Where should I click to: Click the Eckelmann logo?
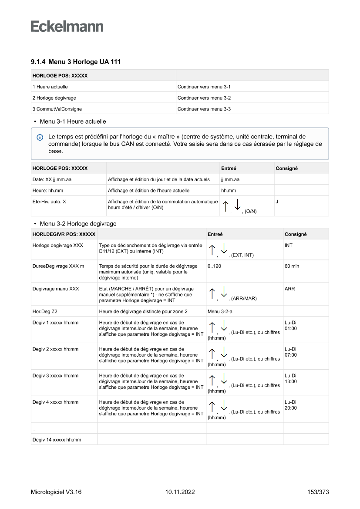(x=67, y=26)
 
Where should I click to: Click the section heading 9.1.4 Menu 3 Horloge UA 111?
(x=75, y=62)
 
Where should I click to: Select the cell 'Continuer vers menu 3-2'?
(x=204, y=98)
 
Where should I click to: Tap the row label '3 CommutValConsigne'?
(x=57, y=109)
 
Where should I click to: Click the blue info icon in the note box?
(x=40, y=137)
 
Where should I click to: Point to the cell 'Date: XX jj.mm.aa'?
(x=52, y=179)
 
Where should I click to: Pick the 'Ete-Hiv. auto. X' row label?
(x=49, y=202)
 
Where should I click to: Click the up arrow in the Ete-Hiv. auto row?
(x=225, y=206)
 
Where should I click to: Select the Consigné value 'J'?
(x=277, y=202)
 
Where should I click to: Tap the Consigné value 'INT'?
(x=289, y=246)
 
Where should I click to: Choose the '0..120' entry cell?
(x=214, y=266)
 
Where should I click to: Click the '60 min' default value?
(x=292, y=266)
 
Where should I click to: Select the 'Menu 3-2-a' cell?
(x=220, y=311)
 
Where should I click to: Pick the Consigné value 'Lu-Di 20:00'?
(x=290, y=405)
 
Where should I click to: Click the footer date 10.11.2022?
(x=180, y=492)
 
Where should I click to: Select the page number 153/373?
(x=318, y=492)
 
